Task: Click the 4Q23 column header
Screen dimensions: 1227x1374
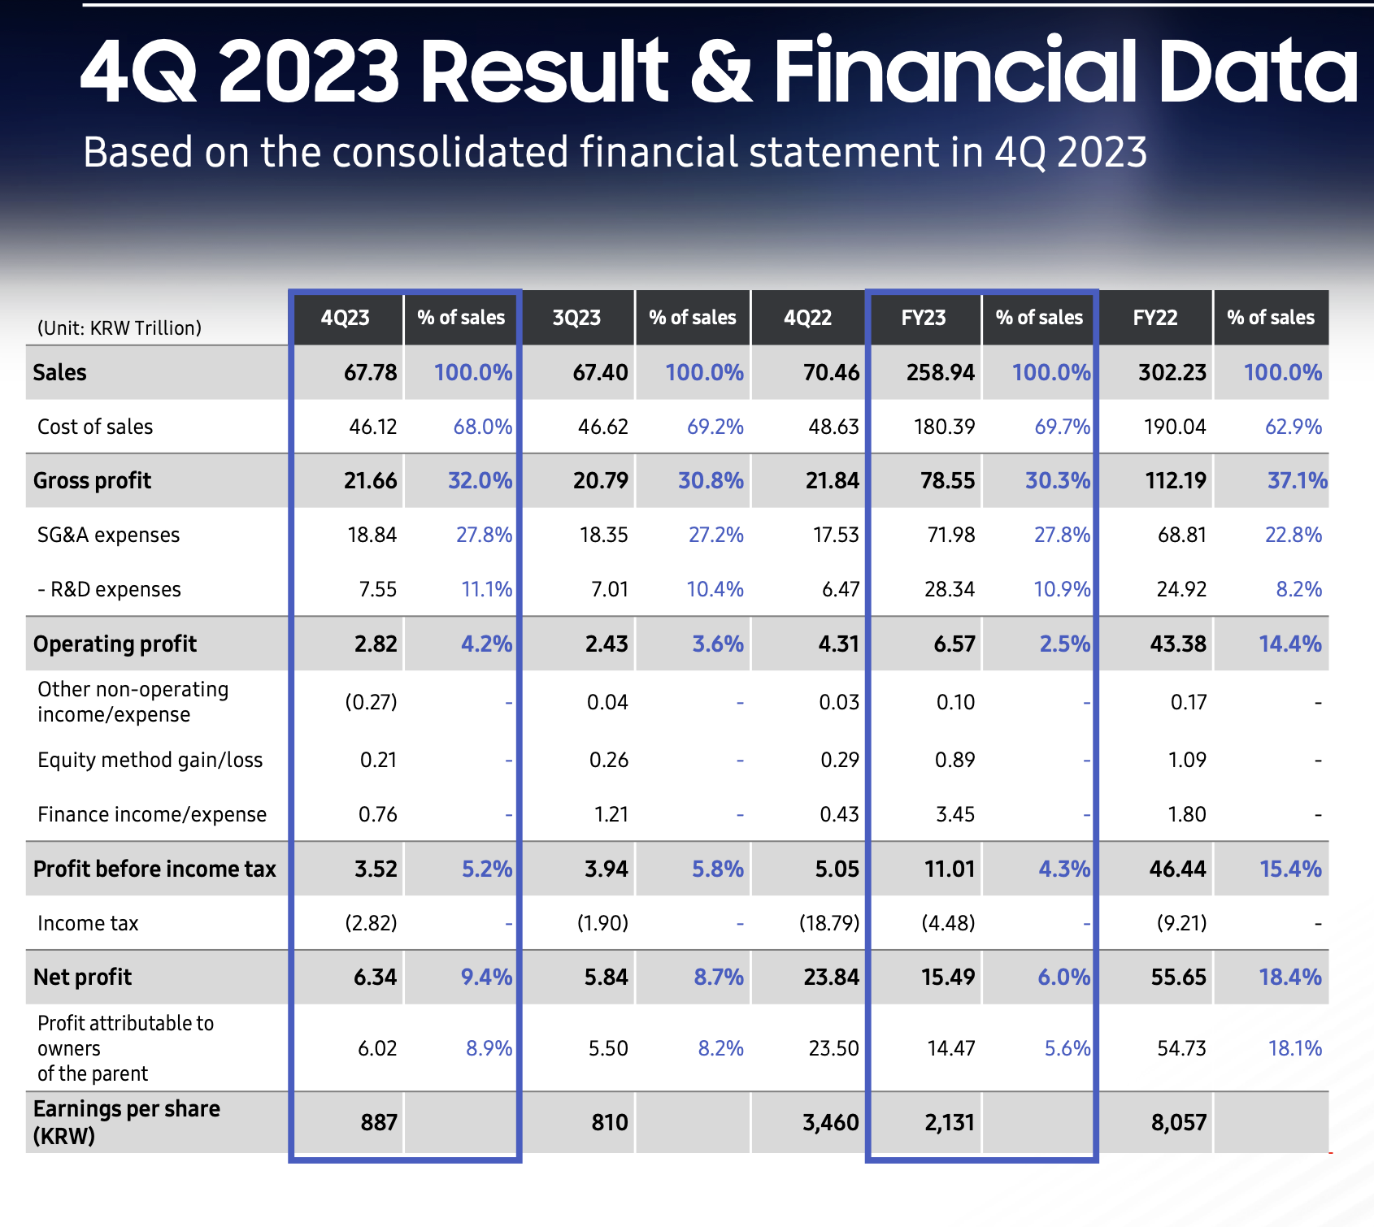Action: [x=346, y=318]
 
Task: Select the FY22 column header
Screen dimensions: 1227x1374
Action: [x=1154, y=318]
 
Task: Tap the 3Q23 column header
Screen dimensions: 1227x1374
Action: [x=576, y=318]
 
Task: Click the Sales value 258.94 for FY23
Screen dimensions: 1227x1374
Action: [x=940, y=372]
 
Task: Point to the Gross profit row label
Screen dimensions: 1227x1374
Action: [x=92, y=481]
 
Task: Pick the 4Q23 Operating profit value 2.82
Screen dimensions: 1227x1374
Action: [x=376, y=644]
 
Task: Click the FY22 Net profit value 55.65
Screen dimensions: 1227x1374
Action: [x=1179, y=977]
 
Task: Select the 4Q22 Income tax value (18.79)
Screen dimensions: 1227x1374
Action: [x=829, y=923]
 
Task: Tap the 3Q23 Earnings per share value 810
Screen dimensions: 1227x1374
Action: [x=610, y=1122]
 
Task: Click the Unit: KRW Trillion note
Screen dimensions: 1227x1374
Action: [x=120, y=328]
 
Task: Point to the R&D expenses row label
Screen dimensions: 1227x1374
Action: [x=109, y=589]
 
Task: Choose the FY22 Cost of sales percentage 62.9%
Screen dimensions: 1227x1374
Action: [x=1294, y=427]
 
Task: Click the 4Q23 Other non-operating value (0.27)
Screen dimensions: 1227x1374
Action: [x=372, y=702]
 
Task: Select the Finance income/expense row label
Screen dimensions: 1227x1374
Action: [x=152, y=814]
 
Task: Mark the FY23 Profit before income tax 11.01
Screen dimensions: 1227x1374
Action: [x=950, y=869]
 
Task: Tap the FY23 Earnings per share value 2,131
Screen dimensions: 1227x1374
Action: [x=950, y=1122]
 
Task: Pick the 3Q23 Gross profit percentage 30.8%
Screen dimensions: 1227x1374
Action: [x=711, y=481]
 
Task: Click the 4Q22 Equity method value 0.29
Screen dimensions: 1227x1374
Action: [x=840, y=760]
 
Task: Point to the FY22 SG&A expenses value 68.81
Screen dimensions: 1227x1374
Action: [x=1182, y=535]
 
